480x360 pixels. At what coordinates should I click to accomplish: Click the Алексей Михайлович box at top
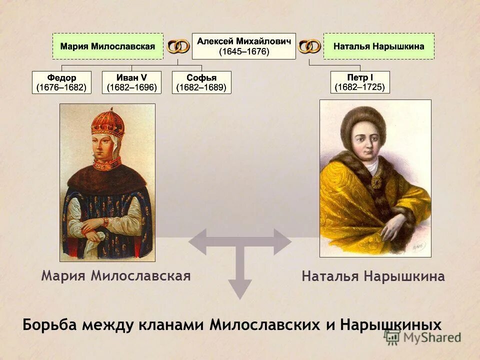pos(244,46)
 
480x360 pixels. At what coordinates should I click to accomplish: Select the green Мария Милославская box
pos(108,46)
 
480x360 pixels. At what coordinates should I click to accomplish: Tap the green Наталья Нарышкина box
pos(378,46)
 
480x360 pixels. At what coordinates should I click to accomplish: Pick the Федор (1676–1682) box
pos(61,82)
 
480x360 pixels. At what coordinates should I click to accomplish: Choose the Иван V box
pos(131,82)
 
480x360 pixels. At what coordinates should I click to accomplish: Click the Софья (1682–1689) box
pos(201,82)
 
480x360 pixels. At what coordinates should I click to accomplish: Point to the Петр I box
pos(360,82)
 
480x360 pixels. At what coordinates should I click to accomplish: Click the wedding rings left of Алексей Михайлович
pos(178,46)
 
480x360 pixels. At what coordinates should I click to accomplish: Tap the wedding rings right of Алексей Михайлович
pos(309,46)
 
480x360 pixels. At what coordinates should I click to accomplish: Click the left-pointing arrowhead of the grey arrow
pos(197,242)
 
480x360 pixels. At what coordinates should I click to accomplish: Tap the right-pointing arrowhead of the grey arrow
pos(282,242)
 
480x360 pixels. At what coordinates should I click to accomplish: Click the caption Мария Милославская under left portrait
pos(116,276)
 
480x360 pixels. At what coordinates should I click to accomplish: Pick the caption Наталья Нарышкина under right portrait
pos(373,276)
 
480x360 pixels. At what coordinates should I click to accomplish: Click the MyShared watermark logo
pos(422,337)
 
